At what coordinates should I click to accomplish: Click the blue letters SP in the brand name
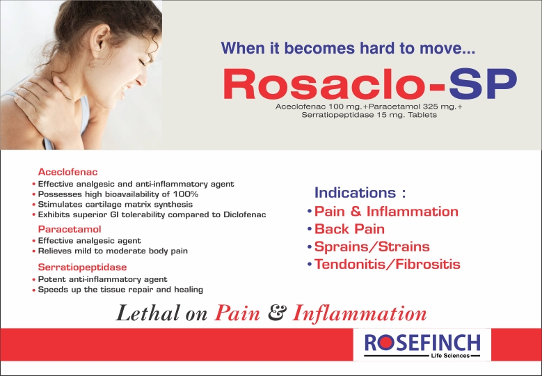pyautogui.click(x=483, y=84)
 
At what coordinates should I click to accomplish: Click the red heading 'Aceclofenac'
pyautogui.click(x=67, y=172)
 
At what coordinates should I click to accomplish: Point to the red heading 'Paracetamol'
pyautogui.click(x=70, y=229)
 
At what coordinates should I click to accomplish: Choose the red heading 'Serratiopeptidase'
pyautogui.click(x=82, y=267)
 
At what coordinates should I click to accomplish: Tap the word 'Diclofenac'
pyautogui.click(x=245, y=214)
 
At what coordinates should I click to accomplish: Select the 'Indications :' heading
pyautogui.click(x=360, y=193)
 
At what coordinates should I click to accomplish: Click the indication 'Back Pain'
pyautogui.click(x=349, y=229)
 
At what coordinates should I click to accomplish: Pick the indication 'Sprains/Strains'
pyautogui.click(x=372, y=246)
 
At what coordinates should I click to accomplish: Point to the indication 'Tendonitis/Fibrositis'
pyautogui.click(x=387, y=265)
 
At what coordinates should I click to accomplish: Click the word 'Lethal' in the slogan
pyautogui.click(x=148, y=313)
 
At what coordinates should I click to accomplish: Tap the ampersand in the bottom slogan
pyautogui.click(x=277, y=313)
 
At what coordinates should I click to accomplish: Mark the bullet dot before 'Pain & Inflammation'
pyautogui.click(x=310, y=211)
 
